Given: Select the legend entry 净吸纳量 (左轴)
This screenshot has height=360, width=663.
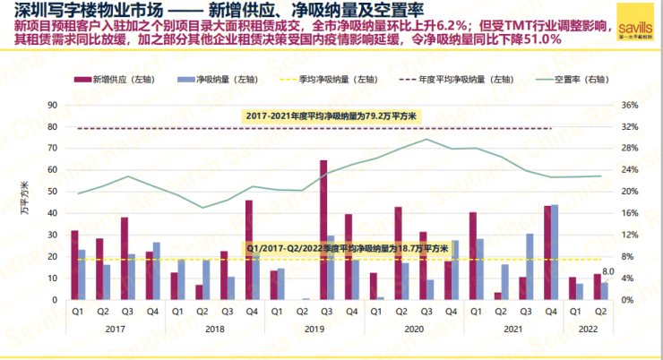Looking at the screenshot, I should [x=212, y=79].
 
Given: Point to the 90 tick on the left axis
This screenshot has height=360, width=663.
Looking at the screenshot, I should [x=53, y=106].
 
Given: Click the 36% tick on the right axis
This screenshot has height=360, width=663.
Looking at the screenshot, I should [x=629, y=106].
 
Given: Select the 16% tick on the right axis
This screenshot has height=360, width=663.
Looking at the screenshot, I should [x=629, y=213].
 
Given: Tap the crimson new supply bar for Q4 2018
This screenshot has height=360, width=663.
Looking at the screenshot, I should [x=248, y=250].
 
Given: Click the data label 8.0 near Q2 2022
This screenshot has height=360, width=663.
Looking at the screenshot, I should [x=607, y=270].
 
